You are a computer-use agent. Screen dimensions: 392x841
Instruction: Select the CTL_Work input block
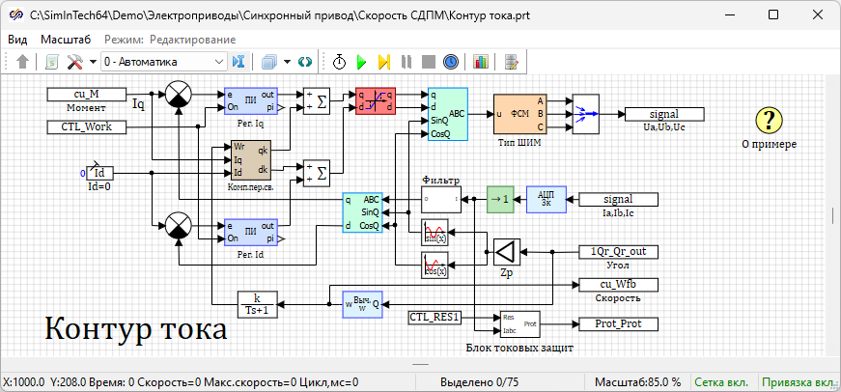(x=87, y=126)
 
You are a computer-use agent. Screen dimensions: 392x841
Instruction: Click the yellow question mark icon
(x=769, y=120)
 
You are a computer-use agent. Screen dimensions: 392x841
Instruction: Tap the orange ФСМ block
(x=520, y=114)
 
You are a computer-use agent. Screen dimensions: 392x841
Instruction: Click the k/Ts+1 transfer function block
(x=257, y=303)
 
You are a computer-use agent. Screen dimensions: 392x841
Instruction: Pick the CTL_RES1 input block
(x=435, y=317)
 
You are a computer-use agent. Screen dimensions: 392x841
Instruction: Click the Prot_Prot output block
(x=617, y=323)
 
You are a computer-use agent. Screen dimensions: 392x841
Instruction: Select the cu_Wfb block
(x=617, y=284)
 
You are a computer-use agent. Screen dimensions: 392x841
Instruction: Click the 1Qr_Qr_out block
(x=617, y=252)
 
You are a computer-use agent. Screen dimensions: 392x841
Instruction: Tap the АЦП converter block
(x=546, y=199)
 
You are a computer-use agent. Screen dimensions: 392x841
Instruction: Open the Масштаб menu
(x=66, y=40)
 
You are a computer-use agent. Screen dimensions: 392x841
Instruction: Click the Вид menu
(x=17, y=40)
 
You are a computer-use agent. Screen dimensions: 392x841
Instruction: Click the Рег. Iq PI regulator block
(x=250, y=100)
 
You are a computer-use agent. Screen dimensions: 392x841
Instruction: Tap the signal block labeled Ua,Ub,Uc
(x=664, y=114)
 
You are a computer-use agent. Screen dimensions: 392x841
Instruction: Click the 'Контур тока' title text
(x=135, y=328)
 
